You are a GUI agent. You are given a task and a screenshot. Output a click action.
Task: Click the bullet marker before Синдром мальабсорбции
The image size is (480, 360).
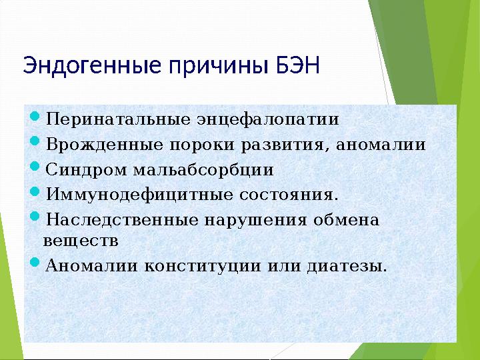tap(36, 168)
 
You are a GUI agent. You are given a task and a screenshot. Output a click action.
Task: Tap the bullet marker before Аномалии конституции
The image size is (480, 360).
tap(36, 265)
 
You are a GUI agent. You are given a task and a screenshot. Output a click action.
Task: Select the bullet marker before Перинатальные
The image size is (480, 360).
tap(36, 119)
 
